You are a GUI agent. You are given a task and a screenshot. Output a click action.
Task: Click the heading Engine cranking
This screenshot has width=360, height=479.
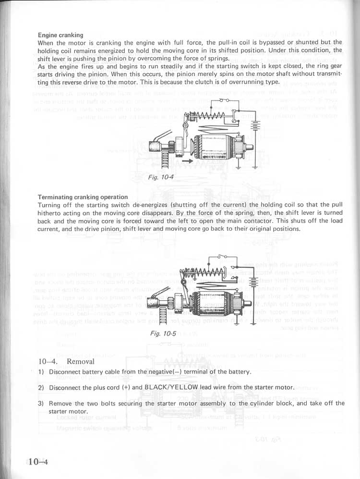[x=60, y=35]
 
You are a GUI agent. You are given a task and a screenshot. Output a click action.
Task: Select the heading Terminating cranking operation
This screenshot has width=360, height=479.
[x=83, y=197]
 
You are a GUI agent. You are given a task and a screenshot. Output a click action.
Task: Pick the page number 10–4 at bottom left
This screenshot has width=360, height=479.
[x=39, y=462]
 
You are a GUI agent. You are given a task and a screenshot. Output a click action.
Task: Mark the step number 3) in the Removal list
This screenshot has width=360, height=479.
[x=41, y=404]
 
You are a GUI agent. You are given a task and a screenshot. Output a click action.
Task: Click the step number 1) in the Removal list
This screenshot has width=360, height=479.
[x=41, y=372]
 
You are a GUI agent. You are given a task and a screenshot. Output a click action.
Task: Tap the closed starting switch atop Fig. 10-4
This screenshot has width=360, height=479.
[x=223, y=101]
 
